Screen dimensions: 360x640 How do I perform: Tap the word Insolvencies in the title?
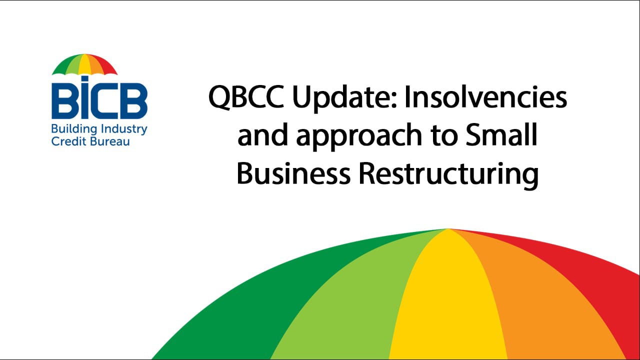point(485,97)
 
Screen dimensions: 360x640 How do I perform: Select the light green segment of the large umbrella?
point(360,300)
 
